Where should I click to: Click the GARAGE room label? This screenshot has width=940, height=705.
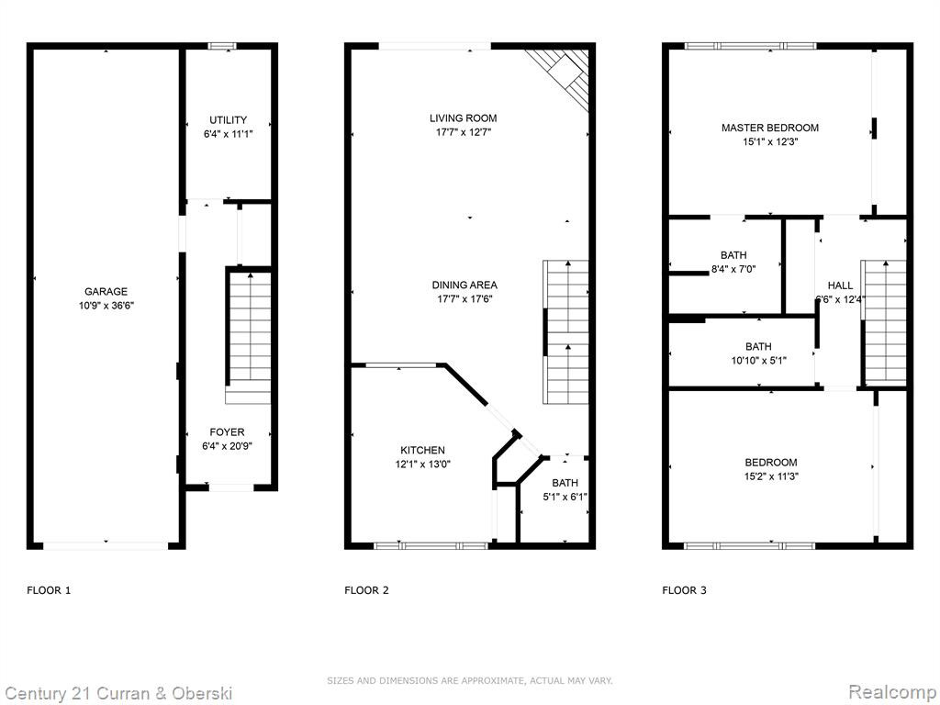pyautogui.click(x=106, y=291)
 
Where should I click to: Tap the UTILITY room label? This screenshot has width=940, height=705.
pyautogui.click(x=228, y=120)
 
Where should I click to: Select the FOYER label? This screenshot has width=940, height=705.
pyautogui.click(x=228, y=432)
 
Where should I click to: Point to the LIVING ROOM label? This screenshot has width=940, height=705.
pyautogui.click(x=463, y=118)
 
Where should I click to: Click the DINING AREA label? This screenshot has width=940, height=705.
pyautogui.click(x=464, y=285)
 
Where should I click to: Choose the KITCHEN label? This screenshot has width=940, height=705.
pyautogui.click(x=422, y=450)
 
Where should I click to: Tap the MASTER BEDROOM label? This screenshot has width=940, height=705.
pyautogui.click(x=770, y=128)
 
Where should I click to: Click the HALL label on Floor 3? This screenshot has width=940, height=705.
pyautogui.click(x=840, y=285)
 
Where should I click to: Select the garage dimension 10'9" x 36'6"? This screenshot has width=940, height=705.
pyautogui.click(x=106, y=306)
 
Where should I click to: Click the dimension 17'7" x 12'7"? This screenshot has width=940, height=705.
pyautogui.click(x=464, y=132)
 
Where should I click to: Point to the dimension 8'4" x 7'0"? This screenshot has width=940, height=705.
pyautogui.click(x=733, y=270)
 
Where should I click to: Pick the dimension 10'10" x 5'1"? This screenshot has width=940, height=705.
pyautogui.click(x=758, y=361)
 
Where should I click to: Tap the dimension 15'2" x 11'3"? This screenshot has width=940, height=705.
pyautogui.click(x=771, y=476)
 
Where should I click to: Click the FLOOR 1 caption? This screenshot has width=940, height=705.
pyautogui.click(x=49, y=590)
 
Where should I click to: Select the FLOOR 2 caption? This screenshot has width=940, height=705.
pyautogui.click(x=366, y=590)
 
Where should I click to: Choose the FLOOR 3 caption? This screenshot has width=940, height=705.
pyautogui.click(x=684, y=590)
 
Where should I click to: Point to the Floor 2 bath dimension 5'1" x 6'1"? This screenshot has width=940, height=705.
pyautogui.click(x=565, y=497)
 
